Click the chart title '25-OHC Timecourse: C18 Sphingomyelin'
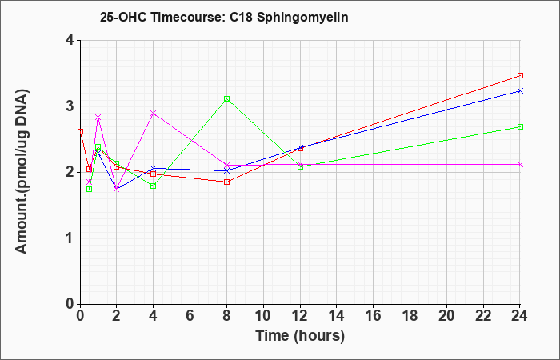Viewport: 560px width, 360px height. [224, 17]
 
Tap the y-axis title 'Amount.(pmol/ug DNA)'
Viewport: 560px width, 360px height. [22, 172]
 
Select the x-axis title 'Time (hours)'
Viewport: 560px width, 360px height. [300, 336]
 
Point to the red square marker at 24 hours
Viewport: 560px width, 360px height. [520, 76]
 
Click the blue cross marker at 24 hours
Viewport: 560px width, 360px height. [520, 91]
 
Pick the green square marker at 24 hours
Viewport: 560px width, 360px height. [520, 126]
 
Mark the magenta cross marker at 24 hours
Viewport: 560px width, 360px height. [520, 164]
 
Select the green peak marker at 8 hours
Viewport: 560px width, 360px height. [226, 99]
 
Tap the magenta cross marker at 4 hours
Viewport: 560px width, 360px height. [154, 114]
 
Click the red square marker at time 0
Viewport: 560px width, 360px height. [80, 132]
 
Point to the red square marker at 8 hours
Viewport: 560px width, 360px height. [226, 182]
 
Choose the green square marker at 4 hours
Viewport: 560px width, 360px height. [154, 186]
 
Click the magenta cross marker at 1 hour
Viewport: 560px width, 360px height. [98, 118]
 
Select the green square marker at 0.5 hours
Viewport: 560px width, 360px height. [90, 189]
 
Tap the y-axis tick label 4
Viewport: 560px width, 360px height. [70, 40]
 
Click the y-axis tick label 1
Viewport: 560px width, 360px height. [70, 238]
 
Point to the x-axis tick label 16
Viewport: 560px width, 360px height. [374, 316]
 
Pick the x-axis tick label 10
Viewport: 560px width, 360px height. [263, 316]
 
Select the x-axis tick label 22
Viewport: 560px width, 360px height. [483, 316]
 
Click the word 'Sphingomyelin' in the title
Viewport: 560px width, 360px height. [303, 18]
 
